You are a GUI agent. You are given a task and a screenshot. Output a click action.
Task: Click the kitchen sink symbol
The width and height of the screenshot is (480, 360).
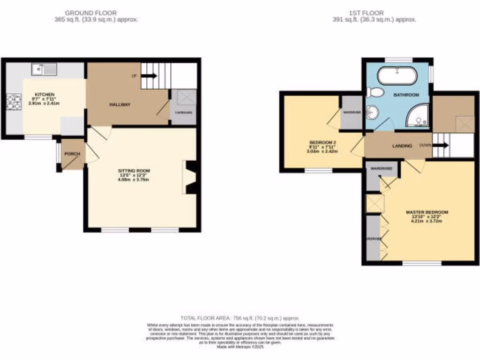(x=44, y=69)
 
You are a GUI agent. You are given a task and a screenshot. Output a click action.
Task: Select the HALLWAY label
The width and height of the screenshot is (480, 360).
(x=120, y=105)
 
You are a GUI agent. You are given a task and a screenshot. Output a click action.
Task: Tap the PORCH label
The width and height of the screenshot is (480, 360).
(x=72, y=154)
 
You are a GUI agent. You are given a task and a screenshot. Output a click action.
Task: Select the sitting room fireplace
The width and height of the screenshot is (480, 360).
(x=190, y=177)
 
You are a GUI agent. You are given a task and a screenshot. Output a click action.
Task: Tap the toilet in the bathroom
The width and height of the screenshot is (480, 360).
(x=375, y=92)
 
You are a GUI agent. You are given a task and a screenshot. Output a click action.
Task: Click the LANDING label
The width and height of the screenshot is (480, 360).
(x=402, y=146)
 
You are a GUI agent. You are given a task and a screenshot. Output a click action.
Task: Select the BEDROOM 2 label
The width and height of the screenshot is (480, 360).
(x=322, y=142)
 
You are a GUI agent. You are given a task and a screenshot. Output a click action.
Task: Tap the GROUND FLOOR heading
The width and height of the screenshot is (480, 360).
(x=91, y=13)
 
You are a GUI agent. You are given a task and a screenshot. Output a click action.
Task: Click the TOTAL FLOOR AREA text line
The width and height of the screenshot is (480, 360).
(x=240, y=318)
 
